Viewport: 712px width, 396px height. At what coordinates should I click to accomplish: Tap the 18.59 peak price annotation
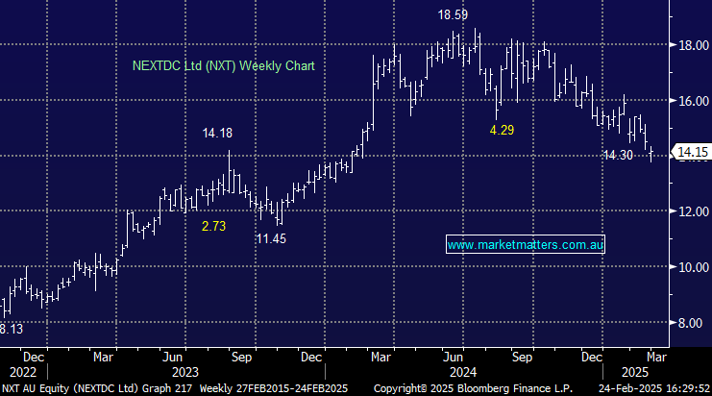454,16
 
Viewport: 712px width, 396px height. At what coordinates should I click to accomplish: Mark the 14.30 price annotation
619,155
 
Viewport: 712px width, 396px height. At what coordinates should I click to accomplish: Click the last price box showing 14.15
692,152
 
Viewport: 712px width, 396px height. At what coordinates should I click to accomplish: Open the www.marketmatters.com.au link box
526,245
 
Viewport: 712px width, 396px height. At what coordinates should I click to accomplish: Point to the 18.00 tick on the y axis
691,44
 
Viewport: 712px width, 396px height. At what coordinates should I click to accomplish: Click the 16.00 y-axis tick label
691,100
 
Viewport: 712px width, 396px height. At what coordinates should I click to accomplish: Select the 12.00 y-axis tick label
691,211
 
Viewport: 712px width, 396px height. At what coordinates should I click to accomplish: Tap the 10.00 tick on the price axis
691,267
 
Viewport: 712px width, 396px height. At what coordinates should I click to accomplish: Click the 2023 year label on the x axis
184,370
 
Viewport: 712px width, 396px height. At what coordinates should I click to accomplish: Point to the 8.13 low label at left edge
11,330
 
